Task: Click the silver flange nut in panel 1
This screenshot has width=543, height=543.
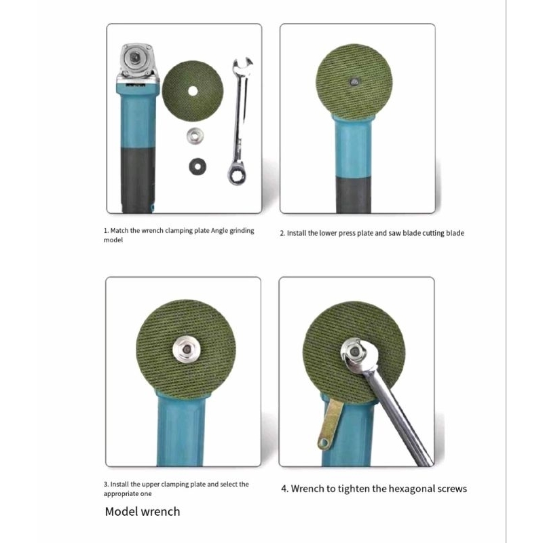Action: [x=195, y=136]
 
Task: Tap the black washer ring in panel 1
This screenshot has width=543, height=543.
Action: [x=198, y=166]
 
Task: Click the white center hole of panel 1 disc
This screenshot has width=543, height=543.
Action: [x=193, y=92]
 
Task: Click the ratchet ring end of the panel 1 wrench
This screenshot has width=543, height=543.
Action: [x=237, y=175]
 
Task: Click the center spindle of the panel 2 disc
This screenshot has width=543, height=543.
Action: [x=354, y=82]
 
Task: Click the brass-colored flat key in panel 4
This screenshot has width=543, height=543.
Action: [x=330, y=424]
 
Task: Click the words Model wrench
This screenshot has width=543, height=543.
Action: [x=143, y=512]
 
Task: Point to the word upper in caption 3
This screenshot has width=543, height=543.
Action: [x=151, y=485]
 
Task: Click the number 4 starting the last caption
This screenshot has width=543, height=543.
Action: [x=284, y=489]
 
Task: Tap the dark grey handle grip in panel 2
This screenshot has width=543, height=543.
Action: [x=353, y=195]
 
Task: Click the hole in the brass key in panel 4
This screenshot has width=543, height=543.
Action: [x=324, y=443]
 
